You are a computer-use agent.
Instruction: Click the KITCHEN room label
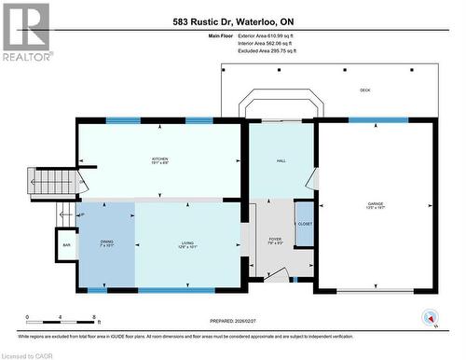[x=160, y=159]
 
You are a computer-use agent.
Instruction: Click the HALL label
[x=281, y=160]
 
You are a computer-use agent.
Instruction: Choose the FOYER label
[x=275, y=241]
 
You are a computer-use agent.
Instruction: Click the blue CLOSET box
[x=304, y=224]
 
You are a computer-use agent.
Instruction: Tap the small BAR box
[x=66, y=245]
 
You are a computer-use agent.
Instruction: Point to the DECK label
[x=365, y=90]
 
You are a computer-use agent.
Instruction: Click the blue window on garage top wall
[x=377, y=120]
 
